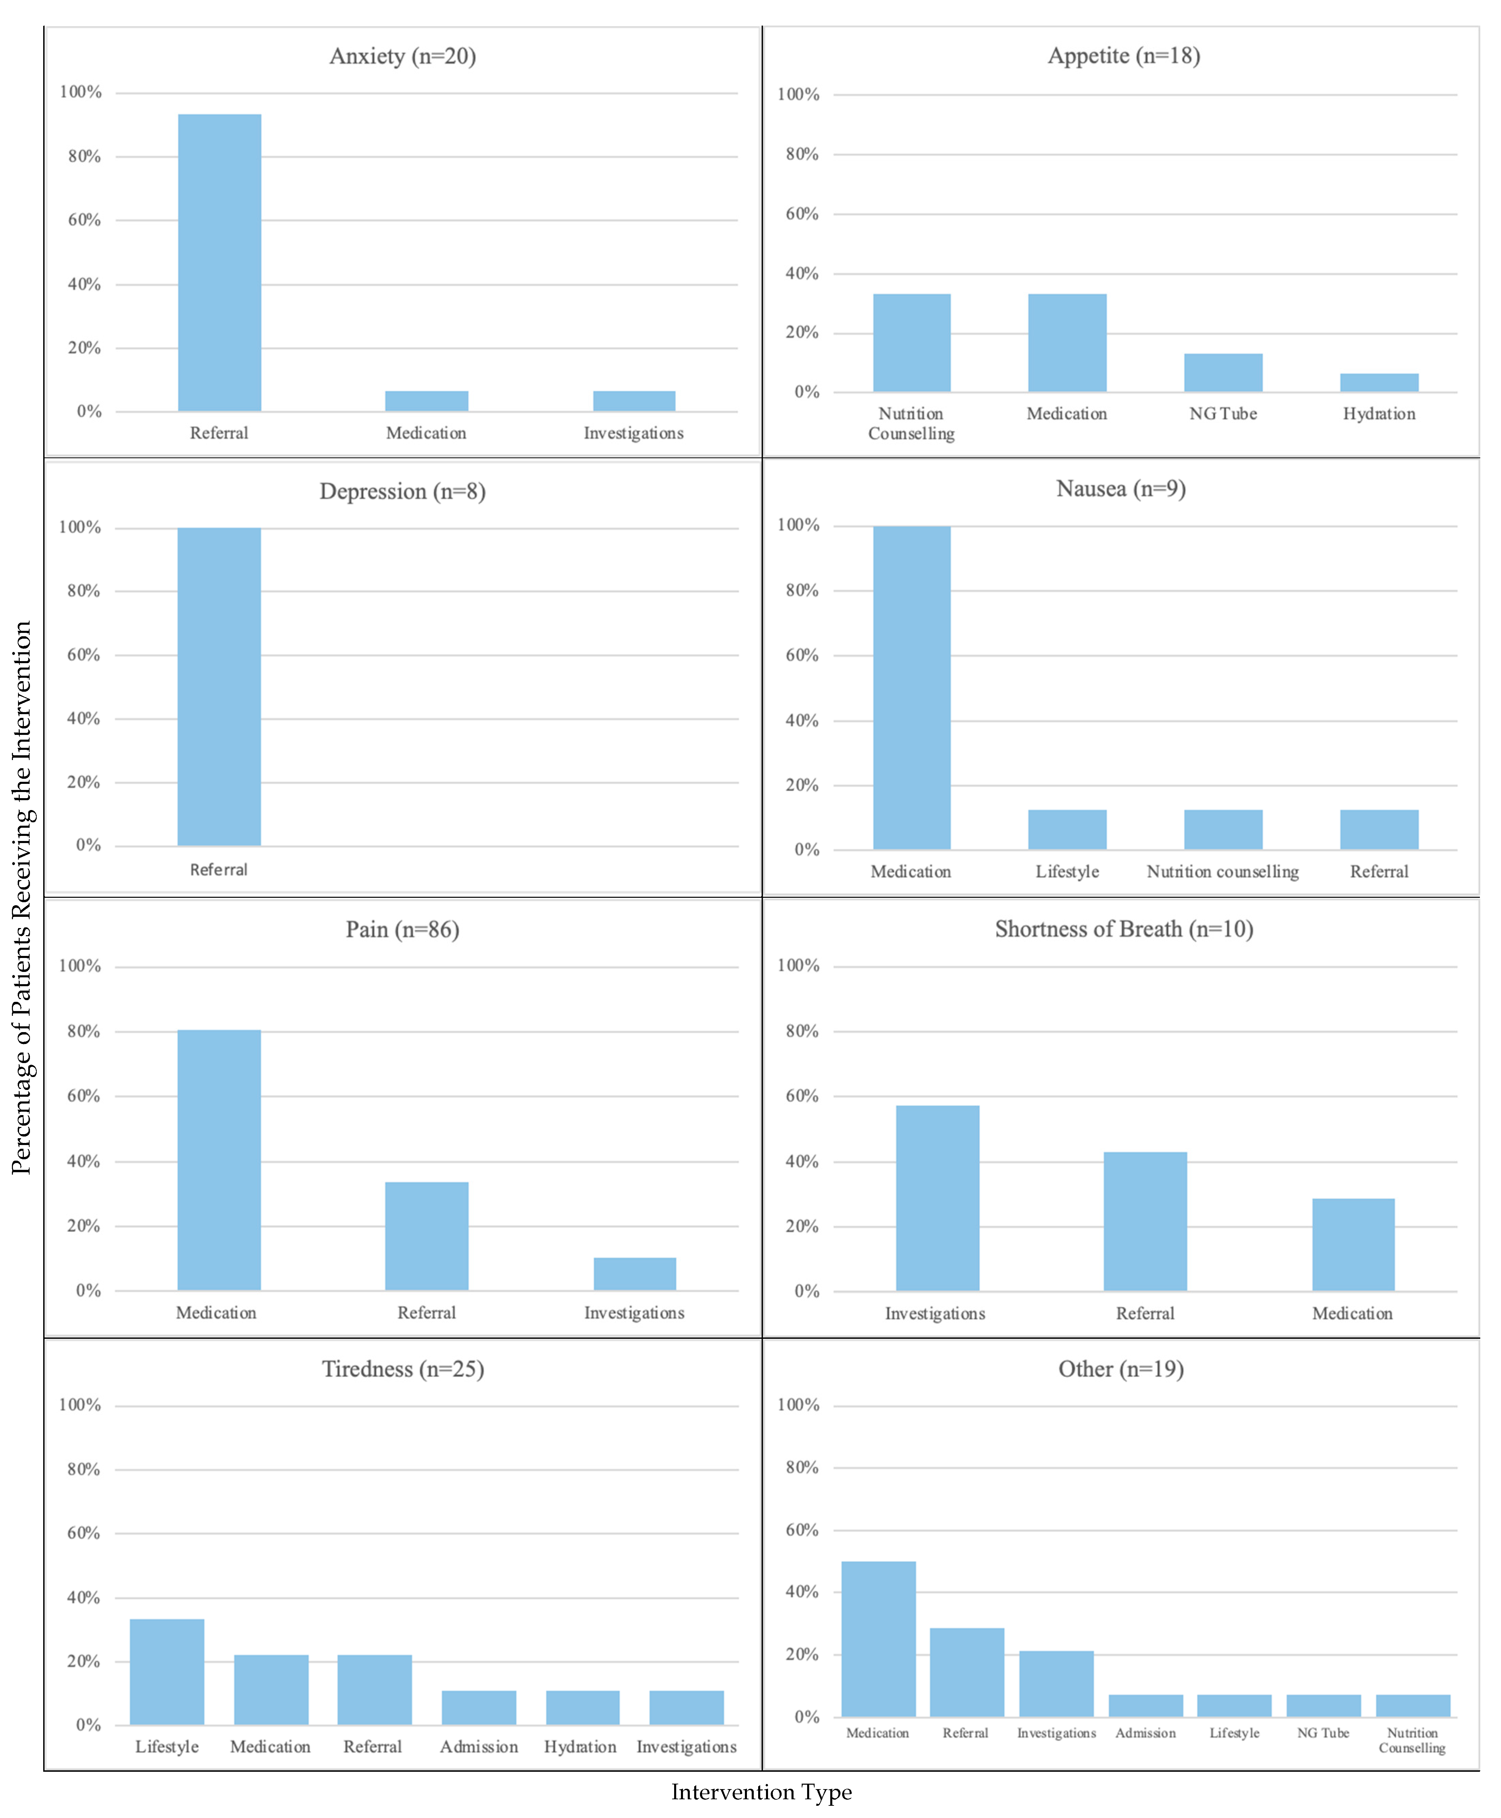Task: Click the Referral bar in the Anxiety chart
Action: click(x=220, y=263)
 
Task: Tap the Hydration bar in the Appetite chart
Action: click(x=1379, y=383)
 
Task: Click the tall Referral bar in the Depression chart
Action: click(x=219, y=686)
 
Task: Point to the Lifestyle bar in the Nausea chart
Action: click(x=1067, y=830)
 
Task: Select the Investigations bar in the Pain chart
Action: click(x=635, y=1274)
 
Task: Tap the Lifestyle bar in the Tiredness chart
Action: click(x=167, y=1672)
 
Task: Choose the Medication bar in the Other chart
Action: click(x=879, y=1639)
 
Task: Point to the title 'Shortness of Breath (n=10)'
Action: click(x=1124, y=929)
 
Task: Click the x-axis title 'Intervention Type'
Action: click(x=762, y=1792)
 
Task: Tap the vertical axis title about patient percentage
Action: click(x=22, y=897)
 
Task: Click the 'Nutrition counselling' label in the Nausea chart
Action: click(x=1222, y=871)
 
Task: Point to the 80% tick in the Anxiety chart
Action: click(x=85, y=156)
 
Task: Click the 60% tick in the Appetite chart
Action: click(x=802, y=214)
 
